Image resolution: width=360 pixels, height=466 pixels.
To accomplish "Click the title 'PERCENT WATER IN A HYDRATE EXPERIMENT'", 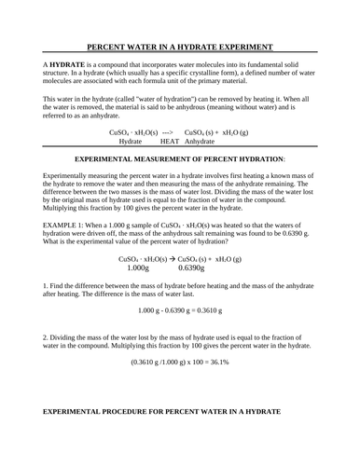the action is coord(180,46).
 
